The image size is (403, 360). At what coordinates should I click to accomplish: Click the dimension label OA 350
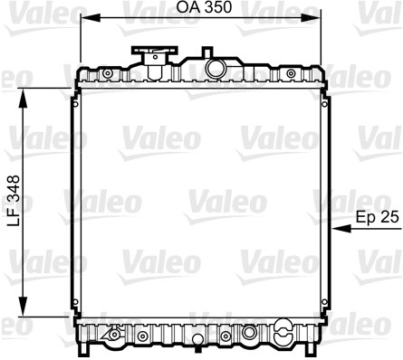pos(204,7)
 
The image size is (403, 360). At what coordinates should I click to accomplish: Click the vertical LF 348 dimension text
pos(14,201)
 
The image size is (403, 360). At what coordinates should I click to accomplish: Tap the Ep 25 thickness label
pos(378,217)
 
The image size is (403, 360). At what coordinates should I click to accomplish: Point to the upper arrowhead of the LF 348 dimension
pos(23,98)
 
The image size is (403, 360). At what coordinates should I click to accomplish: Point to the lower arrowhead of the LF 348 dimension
pos(23,307)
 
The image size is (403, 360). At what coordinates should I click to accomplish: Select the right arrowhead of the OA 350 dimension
pos(311,18)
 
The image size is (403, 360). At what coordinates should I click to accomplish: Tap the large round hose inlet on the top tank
pos(216,68)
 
